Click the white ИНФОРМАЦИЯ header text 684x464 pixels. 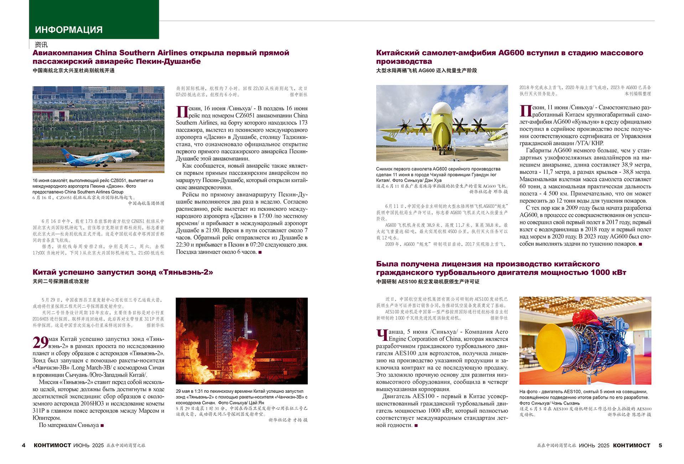click(x=69, y=30)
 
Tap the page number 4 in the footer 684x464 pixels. click(x=24, y=445)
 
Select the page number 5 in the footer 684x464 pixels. click(x=660, y=445)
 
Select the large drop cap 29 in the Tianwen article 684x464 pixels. click(x=40, y=343)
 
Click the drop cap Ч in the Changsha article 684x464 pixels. click(x=382, y=335)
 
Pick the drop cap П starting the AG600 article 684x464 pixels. click(x=525, y=111)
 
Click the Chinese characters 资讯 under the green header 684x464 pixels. click(x=41, y=45)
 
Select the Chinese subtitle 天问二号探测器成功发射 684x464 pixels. click(x=61, y=281)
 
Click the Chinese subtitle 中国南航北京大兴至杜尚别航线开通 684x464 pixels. click(x=73, y=71)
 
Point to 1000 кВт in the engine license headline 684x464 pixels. click(x=608, y=273)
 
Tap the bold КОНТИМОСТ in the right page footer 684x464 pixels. click(x=632, y=445)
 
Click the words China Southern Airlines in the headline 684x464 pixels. click(x=141, y=53)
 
